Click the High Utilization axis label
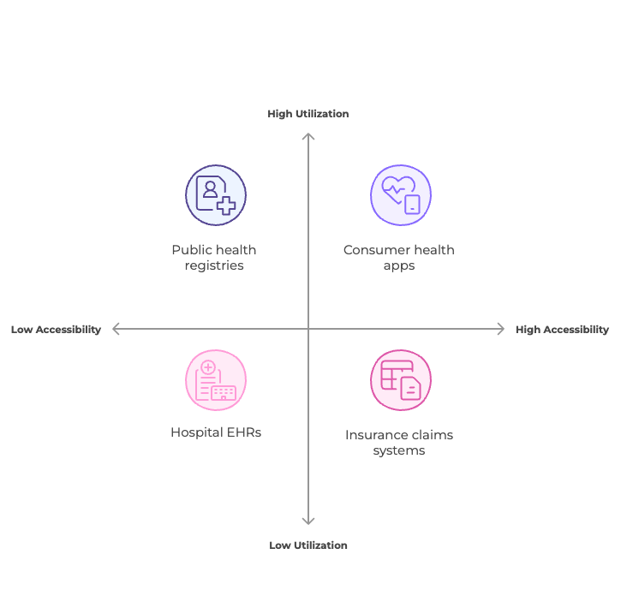tap(308, 114)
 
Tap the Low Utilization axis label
tap(308, 545)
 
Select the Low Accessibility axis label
tap(56, 330)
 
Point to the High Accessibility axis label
tap(562, 330)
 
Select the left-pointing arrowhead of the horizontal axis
tap(115, 329)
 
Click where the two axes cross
tap(308, 329)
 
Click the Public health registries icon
tap(216, 195)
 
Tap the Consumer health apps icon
tap(401, 195)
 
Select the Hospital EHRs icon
tap(216, 380)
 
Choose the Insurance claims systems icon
tap(401, 380)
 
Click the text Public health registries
tap(214, 258)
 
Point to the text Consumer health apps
tap(399, 258)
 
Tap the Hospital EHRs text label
tap(216, 432)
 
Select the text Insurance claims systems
tap(399, 443)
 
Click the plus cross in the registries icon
tap(226, 206)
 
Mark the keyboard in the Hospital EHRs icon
tap(224, 393)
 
